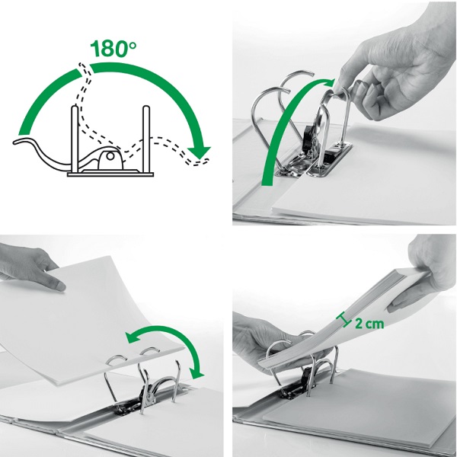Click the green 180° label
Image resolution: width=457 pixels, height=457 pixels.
point(113,48)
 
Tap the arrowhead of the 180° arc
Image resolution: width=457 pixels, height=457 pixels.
point(200,152)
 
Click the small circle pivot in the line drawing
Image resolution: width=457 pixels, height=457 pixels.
point(110,156)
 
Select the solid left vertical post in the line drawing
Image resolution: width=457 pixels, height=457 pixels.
point(75,139)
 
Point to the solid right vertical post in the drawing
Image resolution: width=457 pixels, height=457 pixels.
point(146,139)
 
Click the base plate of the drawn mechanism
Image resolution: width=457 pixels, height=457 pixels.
point(110,174)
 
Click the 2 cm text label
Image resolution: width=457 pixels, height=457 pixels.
point(369,324)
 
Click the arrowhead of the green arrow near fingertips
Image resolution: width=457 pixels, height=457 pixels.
point(329,83)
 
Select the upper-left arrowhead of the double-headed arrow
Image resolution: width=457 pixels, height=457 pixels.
point(132,337)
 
